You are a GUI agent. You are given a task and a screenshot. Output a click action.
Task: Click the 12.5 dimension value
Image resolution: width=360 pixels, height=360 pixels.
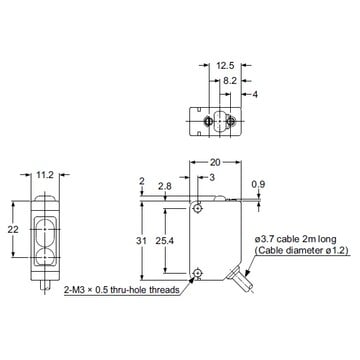(x=225, y=66)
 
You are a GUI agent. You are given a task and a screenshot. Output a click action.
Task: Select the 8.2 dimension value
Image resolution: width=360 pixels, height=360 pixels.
(x=230, y=80)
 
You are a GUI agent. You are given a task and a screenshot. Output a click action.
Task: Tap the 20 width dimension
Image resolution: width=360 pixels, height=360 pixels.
(x=215, y=162)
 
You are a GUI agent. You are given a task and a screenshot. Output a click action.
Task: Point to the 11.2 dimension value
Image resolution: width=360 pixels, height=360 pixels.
(x=46, y=175)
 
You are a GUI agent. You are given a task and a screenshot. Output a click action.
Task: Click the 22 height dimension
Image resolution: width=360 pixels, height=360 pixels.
(x=14, y=229)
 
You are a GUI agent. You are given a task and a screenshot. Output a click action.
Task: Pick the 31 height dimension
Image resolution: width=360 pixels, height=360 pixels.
(x=141, y=241)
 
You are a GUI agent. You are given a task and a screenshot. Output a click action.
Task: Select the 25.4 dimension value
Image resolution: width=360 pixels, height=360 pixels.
(x=165, y=241)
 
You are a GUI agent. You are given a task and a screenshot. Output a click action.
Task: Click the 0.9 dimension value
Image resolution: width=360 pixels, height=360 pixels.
(x=259, y=184)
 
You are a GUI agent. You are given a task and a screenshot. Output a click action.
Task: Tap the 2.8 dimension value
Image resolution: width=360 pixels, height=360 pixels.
(x=165, y=186)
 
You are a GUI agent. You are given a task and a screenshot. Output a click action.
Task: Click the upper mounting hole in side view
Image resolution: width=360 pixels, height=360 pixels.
(x=198, y=208)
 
